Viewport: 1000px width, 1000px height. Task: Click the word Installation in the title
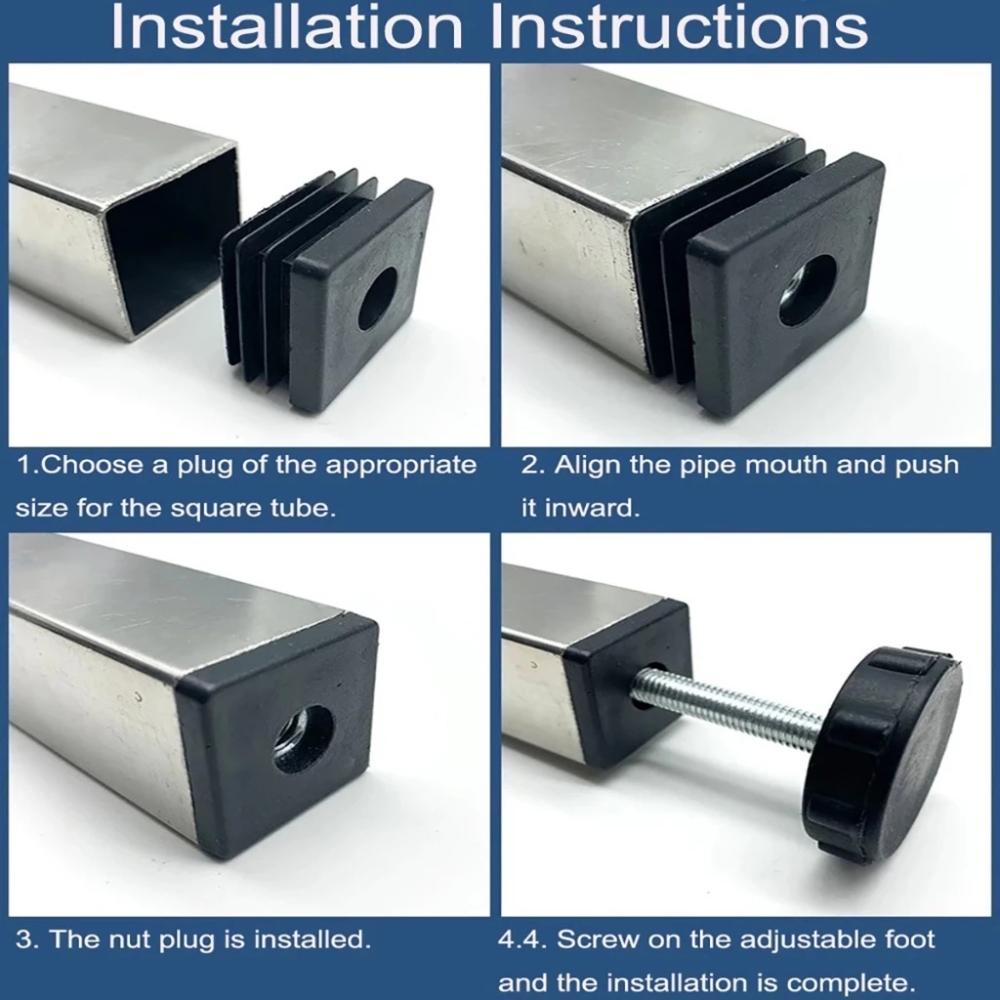click(x=286, y=26)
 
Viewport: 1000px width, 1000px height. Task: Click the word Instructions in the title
click(x=680, y=26)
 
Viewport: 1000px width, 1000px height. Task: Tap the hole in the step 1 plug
click(x=377, y=298)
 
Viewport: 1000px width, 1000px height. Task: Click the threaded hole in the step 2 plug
click(x=808, y=291)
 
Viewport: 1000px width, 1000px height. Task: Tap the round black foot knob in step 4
click(x=882, y=755)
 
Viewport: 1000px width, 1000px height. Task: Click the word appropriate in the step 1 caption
click(x=401, y=466)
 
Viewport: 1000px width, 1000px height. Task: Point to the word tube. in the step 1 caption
click(x=304, y=508)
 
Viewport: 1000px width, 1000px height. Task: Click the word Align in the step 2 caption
click(x=587, y=466)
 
